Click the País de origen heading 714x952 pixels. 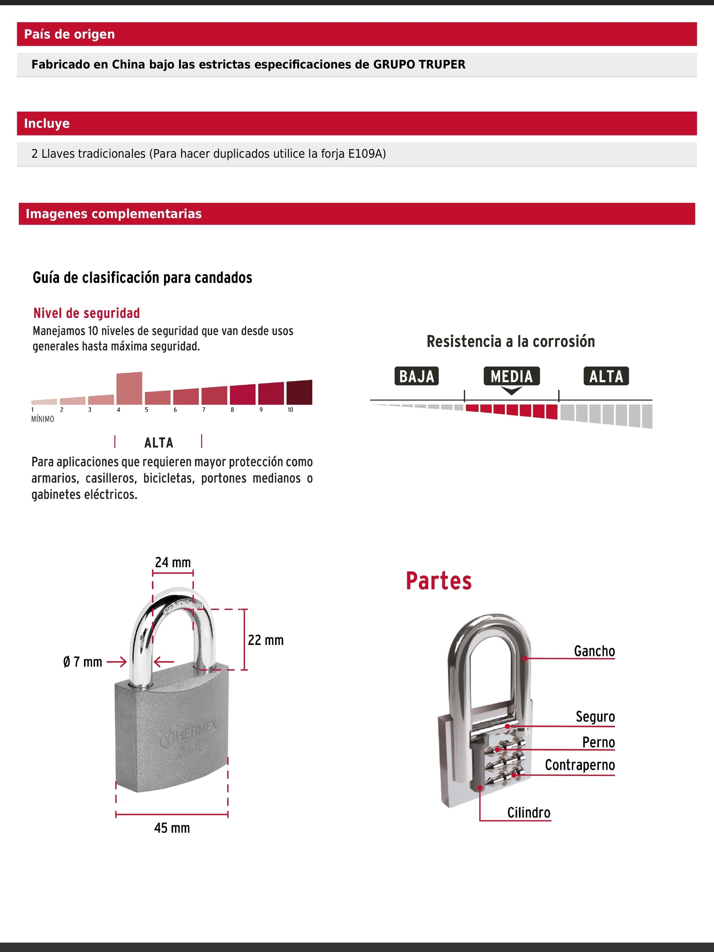point(69,34)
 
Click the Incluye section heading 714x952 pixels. point(47,124)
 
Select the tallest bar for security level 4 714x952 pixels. point(129,388)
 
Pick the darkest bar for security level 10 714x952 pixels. point(299,392)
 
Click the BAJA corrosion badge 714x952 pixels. point(416,376)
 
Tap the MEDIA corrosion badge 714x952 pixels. point(511,376)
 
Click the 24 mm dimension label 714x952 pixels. point(172,562)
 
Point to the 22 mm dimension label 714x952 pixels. point(266,641)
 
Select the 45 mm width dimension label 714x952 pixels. point(172,828)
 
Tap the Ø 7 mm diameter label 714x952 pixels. point(83,662)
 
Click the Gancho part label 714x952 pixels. point(594,651)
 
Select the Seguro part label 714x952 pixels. point(595,716)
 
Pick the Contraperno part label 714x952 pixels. point(580,765)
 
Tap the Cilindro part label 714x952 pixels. point(528,813)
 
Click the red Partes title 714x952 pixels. point(438,581)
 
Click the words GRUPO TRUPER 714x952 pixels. point(419,65)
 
